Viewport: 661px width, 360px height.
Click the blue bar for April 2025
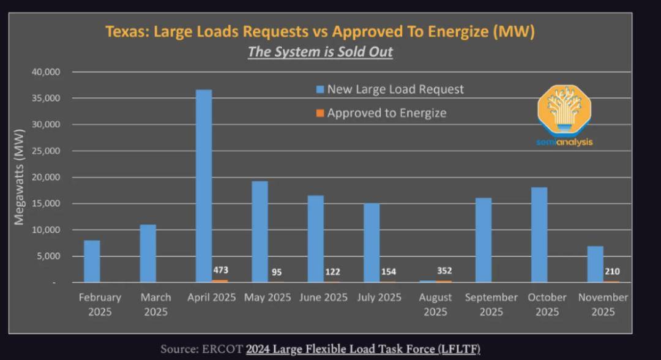coord(203,186)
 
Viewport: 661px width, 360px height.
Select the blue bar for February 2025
coord(92,261)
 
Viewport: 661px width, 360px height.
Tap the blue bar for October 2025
coord(539,235)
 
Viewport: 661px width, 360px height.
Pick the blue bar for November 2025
coord(595,264)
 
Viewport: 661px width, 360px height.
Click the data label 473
coord(221,270)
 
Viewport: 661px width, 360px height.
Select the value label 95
coord(276,272)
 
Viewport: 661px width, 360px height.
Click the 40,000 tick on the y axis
coord(45,72)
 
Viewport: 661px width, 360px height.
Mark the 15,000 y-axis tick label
coord(45,204)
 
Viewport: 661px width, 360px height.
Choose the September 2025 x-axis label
coord(491,304)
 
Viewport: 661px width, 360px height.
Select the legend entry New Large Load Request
coord(395,89)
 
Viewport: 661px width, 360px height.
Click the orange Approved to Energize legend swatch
coord(320,113)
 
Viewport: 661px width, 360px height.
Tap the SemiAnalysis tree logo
coord(564,111)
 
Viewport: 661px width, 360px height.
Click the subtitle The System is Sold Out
coord(320,52)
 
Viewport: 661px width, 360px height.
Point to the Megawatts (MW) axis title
coord(19,177)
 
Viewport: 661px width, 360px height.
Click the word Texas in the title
coord(127,32)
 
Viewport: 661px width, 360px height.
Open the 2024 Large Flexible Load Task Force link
coord(363,349)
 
